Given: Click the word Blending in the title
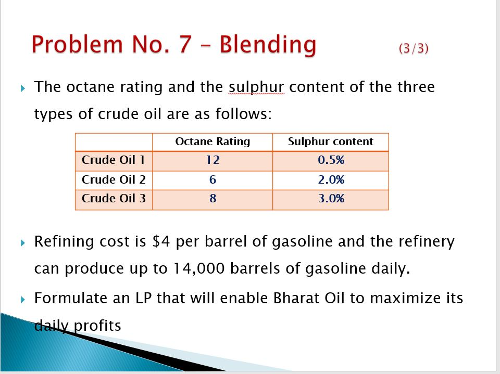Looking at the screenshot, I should (x=268, y=45).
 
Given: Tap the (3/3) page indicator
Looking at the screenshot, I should (x=414, y=48).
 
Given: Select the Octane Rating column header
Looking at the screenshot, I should (x=213, y=141).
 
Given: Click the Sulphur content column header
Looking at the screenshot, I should (x=331, y=141).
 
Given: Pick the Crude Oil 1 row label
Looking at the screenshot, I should (x=114, y=160).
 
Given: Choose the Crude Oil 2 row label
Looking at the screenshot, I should (x=114, y=180).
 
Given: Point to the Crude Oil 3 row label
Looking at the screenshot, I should (x=114, y=199).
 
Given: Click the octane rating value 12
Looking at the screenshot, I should (x=213, y=160).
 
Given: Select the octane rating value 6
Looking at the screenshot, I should (x=213, y=180).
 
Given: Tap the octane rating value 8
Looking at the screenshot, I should (x=213, y=199).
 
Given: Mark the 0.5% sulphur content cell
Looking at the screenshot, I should (x=331, y=160).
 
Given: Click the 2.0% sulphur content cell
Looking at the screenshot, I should (x=331, y=180).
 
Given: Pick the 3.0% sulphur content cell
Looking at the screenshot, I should (x=331, y=199).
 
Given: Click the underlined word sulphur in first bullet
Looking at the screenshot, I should (x=256, y=87).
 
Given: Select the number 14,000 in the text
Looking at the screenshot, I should (x=195, y=269).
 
